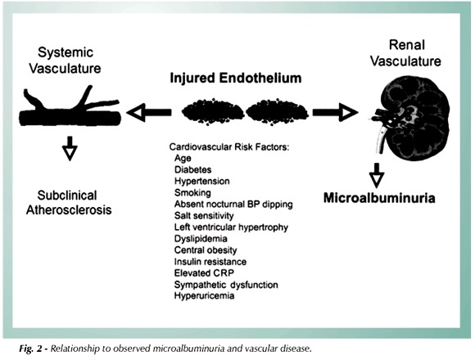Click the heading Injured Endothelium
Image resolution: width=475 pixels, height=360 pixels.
[236, 78]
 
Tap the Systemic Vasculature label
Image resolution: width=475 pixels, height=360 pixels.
[66, 61]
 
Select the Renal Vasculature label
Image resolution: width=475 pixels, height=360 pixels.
[406, 53]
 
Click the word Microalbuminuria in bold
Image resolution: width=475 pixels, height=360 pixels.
[379, 198]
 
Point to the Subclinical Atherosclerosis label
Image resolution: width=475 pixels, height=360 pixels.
[69, 203]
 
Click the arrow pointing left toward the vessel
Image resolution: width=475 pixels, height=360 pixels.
[149, 112]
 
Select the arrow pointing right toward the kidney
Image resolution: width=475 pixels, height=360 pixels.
[335, 112]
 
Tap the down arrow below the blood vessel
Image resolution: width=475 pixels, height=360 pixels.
[70, 148]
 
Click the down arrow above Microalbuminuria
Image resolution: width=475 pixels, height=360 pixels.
[377, 175]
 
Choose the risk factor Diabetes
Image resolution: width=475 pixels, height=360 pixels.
[193, 169]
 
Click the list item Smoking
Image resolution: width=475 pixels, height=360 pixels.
[192, 193]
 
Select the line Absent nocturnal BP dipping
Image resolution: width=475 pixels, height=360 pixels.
[233, 205]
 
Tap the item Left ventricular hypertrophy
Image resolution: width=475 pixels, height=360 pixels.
[231, 227]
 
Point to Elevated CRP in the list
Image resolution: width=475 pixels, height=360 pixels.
[204, 273]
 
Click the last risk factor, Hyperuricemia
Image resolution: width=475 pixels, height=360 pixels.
[204, 295]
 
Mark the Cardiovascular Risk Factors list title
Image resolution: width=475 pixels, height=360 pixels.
[229, 147]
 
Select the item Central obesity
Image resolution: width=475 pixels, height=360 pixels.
[206, 250]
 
